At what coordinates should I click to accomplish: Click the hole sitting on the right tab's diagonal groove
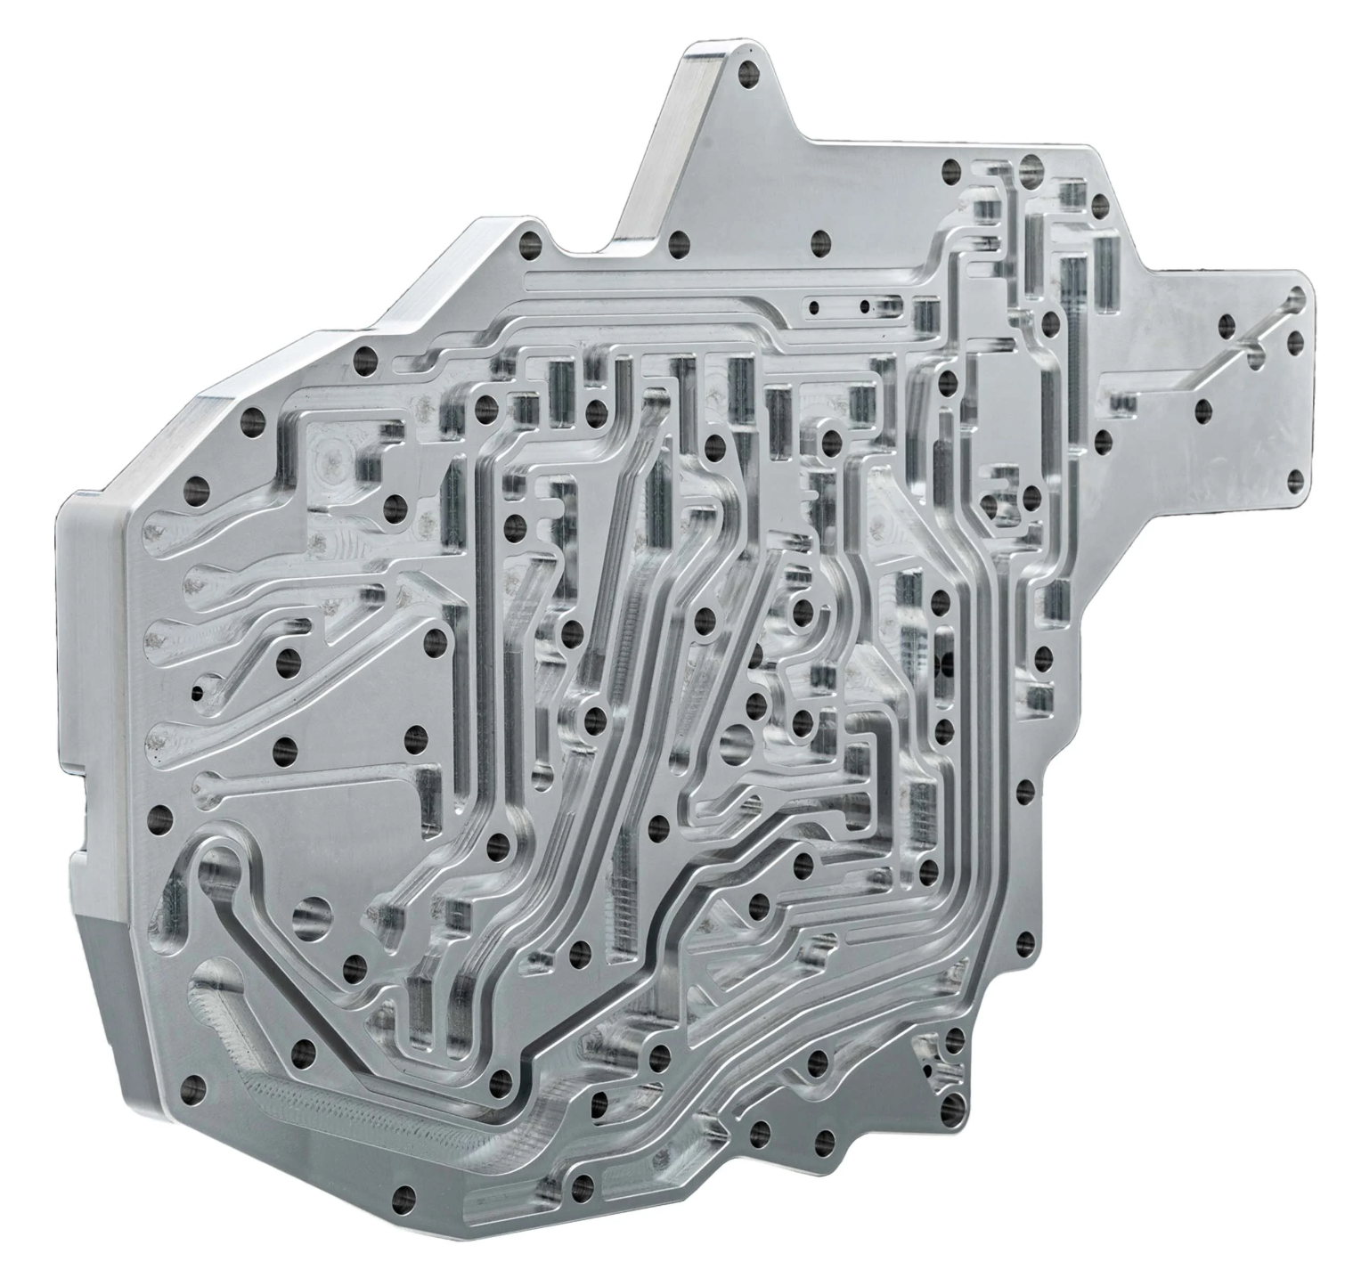click(x=1255, y=357)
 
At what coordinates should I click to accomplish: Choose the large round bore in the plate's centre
click(x=737, y=740)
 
